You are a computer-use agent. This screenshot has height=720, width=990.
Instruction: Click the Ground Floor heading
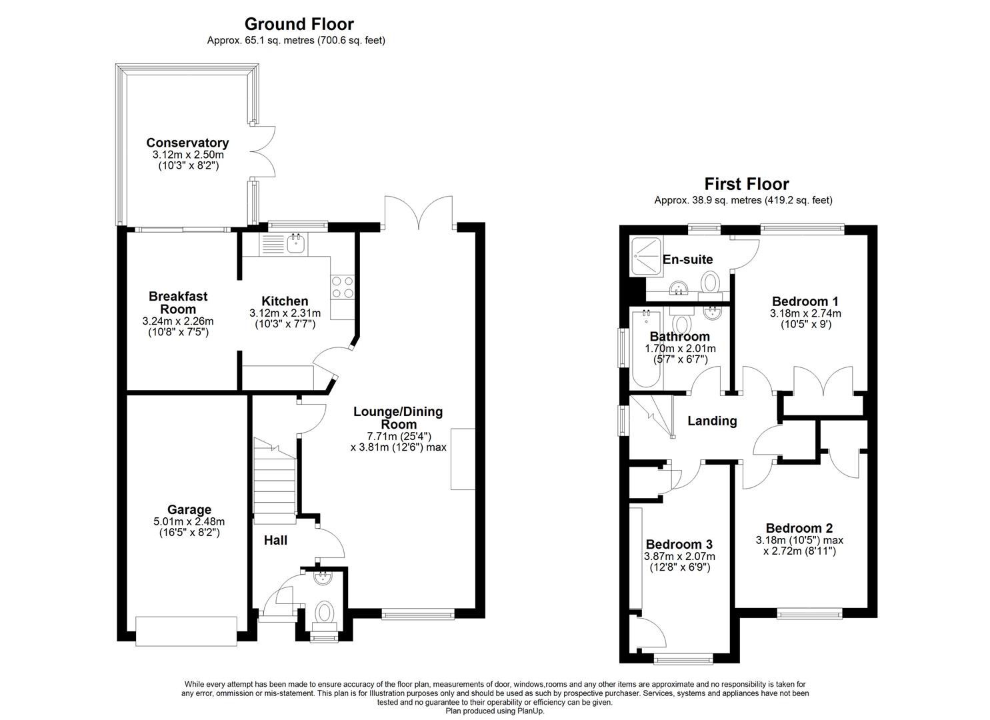pyautogui.click(x=299, y=25)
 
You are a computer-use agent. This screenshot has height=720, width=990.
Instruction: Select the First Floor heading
pyautogui.click(x=747, y=184)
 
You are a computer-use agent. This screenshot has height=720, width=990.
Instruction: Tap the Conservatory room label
pyautogui.click(x=187, y=143)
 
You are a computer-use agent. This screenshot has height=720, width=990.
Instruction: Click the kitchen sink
pyautogui.click(x=295, y=243)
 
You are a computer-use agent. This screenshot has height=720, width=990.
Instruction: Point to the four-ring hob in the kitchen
pyautogui.click(x=343, y=287)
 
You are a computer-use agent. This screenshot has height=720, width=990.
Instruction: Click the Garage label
pyautogui.click(x=189, y=510)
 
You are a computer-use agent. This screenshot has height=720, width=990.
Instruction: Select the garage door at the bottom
pyautogui.click(x=186, y=631)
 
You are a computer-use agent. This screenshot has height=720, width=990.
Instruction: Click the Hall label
pyautogui.click(x=275, y=540)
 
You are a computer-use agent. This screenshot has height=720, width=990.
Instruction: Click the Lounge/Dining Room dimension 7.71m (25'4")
pyautogui.click(x=398, y=436)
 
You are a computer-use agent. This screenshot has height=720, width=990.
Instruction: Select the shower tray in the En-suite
pyautogui.click(x=645, y=256)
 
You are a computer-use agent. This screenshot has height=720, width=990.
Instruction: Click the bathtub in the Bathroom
pyautogui.click(x=645, y=350)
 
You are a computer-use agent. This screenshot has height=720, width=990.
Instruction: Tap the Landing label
pyautogui.click(x=712, y=421)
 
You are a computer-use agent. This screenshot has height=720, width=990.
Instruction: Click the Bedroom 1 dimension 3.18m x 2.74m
pyautogui.click(x=805, y=313)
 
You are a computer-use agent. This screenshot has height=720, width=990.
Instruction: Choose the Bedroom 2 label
pyautogui.click(x=799, y=527)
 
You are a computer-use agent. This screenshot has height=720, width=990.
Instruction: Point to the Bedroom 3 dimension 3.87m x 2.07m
pyautogui.click(x=679, y=557)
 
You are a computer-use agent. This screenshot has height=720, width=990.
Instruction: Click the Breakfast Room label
pyautogui.click(x=178, y=303)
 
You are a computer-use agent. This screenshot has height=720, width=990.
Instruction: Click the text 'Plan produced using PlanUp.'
pyautogui.click(x=495, y=711)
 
